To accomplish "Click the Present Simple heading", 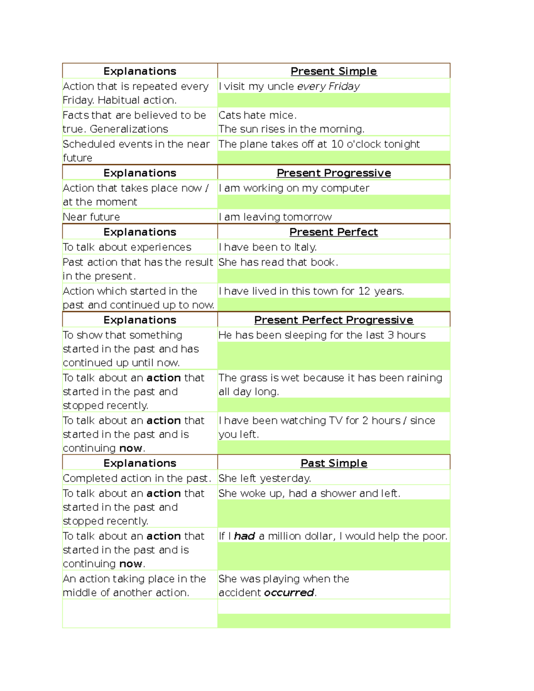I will (333, 71).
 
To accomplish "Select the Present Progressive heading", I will (333, 173).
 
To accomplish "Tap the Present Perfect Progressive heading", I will (333, 320).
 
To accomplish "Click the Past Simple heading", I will (333, 463).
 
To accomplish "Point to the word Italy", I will (305, 247).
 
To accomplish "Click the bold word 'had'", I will (244, 536).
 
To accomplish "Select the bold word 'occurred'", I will (289, 593).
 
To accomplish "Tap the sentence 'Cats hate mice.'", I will (257, 115).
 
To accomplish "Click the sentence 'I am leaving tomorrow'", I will (275, 217).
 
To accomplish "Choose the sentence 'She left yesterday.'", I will (264, 478).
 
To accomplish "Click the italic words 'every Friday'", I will (328, 86).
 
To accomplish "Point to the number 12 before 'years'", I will (364, 291).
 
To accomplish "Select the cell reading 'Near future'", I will (91, 217).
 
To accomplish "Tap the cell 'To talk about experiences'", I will (127, 247).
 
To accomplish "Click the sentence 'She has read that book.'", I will (278, 263).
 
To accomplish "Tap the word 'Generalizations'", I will (129, 129).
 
